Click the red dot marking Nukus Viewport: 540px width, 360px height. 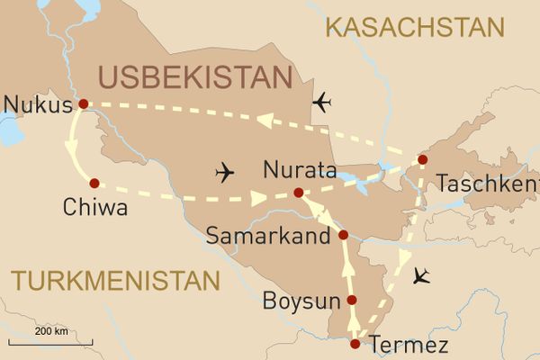(x=83, y=103)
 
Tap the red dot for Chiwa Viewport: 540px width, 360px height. (x=94, y=183)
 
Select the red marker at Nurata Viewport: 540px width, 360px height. (x=299, y=193)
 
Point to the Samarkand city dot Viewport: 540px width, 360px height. (x=343, y=235)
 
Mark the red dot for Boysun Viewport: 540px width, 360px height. (x=352, y=301)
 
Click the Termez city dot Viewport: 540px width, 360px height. (x=355, y=344)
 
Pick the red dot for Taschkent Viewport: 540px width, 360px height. (x=421, y=161)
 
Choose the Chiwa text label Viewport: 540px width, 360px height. (x=94, y=209)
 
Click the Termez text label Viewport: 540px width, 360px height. (x=405, y=345)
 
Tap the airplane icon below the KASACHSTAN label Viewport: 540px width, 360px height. (x=322, y=103)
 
